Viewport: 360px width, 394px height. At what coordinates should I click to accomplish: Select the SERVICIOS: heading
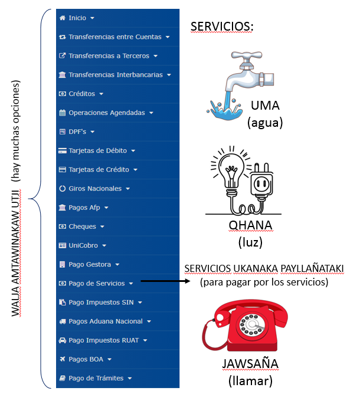pos(221,27)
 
